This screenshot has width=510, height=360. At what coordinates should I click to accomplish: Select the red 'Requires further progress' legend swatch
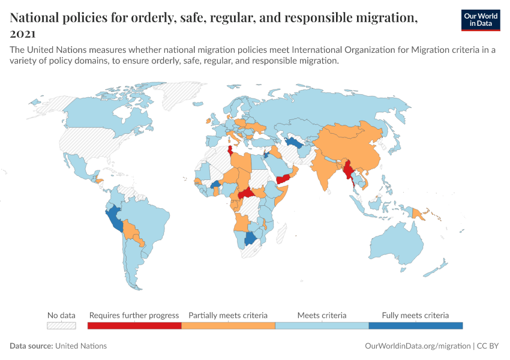pyautogui.click(x=134, y=326)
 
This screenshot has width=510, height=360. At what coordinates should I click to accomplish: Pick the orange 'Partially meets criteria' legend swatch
pyautogui.click(x=228, y=326)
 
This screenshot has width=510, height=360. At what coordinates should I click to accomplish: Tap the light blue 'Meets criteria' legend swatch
pyautogui.click(x=322, y=326)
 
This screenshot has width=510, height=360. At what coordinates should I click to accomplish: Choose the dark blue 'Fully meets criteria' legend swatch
pyautogui.click(x=415, y=326)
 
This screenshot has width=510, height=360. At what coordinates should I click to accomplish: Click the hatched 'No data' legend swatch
pyautogui.click(x=62, y=326)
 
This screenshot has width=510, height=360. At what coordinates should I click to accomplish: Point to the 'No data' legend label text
pyautogui.click(x=62, y=315)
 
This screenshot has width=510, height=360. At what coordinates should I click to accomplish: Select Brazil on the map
pyautogui.click(x=150, y=222)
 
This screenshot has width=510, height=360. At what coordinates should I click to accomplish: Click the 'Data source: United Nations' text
pyautogui.click(x=58, y=346)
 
